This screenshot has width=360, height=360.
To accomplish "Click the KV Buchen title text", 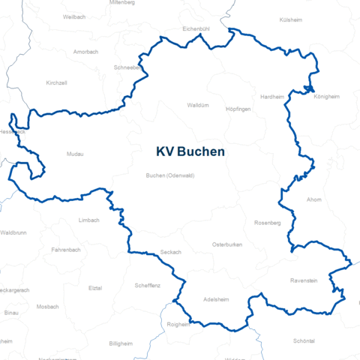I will tap(190, 151).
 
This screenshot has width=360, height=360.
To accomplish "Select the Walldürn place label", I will tap(197, 106).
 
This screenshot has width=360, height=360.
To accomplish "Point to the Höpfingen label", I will tap(238, 109).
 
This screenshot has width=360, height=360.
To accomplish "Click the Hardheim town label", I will tap(272, 97).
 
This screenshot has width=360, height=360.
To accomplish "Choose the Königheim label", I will tap(327, 97).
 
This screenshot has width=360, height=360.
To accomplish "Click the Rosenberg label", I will tap(267, 223).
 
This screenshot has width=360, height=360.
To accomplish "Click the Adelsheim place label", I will tap(216, 299).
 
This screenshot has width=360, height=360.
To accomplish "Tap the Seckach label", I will tap(171, 252).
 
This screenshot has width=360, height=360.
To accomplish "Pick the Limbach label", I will tap(88, 220).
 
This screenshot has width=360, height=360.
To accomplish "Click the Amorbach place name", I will tap(86, 52).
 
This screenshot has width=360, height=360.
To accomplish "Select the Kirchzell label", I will tap(56, 82).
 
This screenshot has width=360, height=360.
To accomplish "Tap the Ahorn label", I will tap(314, 199).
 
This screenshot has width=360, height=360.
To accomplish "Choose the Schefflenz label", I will tap(147, 285).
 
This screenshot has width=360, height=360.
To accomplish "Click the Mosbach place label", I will tap(47, 306).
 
